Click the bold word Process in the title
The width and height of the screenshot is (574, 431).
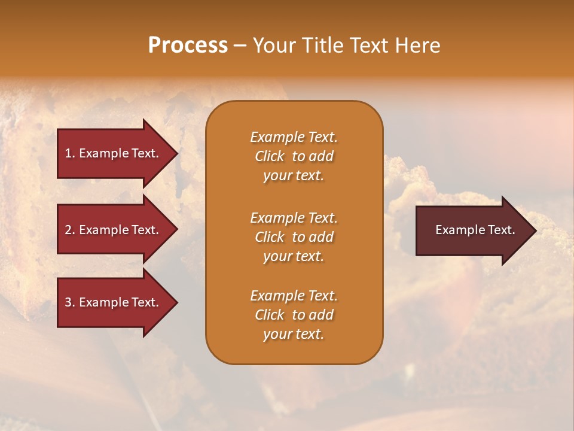pyautogui.click(x=188, y=45)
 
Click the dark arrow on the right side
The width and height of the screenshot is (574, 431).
pyautogui.click(x=472, y=230)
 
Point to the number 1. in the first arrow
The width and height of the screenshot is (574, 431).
pyautogui.click(x=70, y=153)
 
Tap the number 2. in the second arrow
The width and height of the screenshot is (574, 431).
pyautogui.click(x=70, y=230)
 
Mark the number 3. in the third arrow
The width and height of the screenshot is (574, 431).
pyautogui.click(x=70, y=302)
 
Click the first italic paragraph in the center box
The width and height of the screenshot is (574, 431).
pyautogui.click(x=294, y=156)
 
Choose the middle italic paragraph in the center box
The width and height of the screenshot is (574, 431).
pyautogui.click(x=294, y=237)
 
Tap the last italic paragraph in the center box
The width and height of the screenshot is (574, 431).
pyautogui.click(x=294, y=315)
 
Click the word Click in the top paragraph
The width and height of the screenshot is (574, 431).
pyautogui.click(x=270, y=156)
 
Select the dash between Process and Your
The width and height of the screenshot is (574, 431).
pyautogui.click(x=240, y=46)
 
